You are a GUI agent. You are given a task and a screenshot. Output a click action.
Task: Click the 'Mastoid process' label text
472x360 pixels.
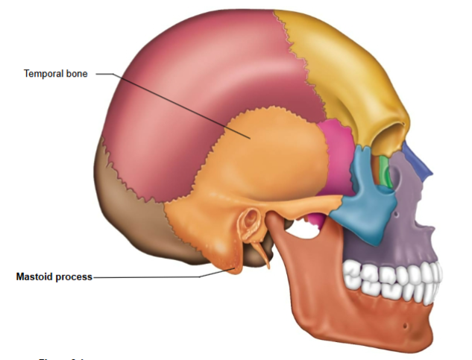54,277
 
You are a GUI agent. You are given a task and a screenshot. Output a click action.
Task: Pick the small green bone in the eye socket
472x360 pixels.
384,171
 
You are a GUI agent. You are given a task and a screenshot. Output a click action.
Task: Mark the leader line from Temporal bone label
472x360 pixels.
172,104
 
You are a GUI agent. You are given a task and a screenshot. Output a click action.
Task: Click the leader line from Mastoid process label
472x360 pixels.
149,277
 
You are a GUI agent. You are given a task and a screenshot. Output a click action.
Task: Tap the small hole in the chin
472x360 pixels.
403,326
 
